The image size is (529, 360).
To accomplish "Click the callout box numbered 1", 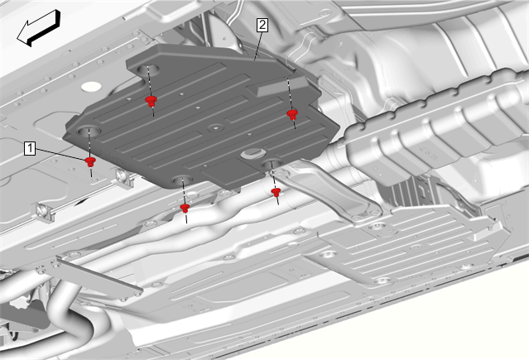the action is [x=30, y=148].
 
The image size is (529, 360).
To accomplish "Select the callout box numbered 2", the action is [x=262, y=26].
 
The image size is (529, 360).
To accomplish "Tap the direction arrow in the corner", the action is [x=38, y=28].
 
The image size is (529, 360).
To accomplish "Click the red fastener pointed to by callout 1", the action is [x=90, y=161].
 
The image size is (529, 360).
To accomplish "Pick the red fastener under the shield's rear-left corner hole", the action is [x=151, y=101].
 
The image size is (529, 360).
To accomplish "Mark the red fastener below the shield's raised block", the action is [x=292, y=114].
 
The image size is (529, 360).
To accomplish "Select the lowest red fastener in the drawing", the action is [x=185, y=208].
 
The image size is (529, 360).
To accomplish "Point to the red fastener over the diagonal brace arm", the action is [x=276, y=192].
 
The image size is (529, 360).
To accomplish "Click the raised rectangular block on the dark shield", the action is [x=273, y=87].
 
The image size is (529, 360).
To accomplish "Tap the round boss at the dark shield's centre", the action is [x=216, y=128].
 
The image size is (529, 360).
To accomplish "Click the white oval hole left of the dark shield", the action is [x=91, y=86].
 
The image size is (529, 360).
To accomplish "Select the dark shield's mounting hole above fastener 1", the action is [x=89, y=131].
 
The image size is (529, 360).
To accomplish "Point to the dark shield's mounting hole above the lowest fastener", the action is [x=182, y=180].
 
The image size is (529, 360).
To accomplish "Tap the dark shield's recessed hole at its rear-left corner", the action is [x=148, y=70].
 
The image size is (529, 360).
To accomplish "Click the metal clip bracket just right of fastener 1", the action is [x=124, y=177].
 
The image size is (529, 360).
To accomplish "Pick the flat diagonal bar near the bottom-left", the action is [x=98, y=275].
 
